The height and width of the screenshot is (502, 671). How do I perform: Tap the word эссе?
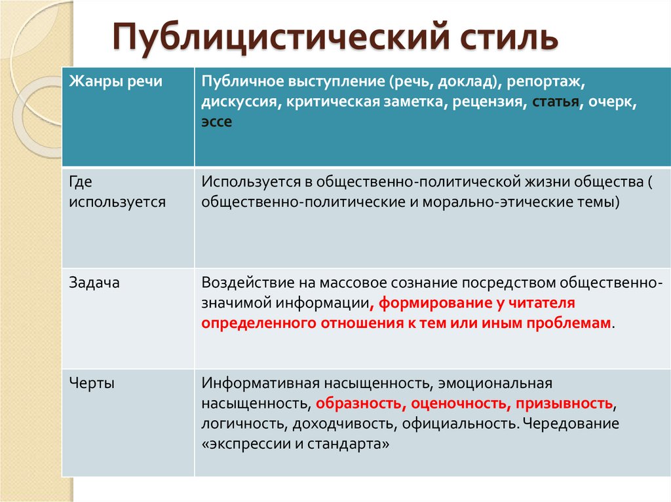click(217, 122)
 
